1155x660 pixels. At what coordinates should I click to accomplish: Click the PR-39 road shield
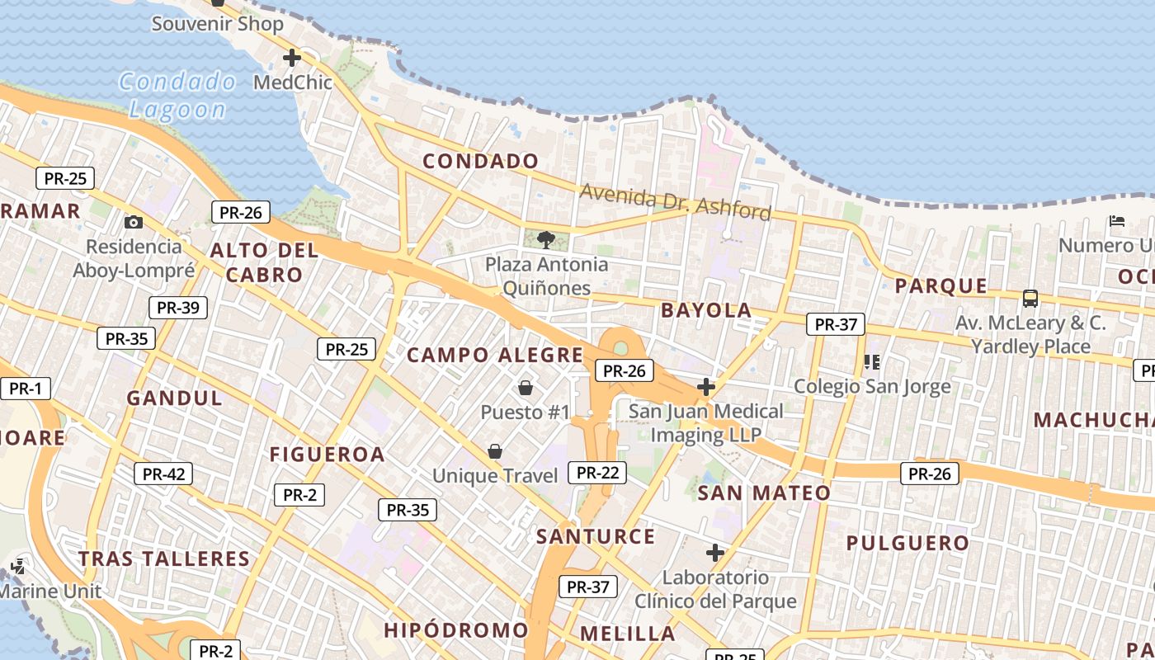(178, 308)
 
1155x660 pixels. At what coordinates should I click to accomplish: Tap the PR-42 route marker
(163, 474)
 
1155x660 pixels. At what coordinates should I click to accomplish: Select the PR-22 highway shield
(598, 473)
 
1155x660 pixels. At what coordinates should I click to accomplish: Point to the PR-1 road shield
(25, 389)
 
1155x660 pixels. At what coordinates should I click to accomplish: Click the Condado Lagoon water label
(177, 95)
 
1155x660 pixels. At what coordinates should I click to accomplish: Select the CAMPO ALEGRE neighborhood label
(495, 356)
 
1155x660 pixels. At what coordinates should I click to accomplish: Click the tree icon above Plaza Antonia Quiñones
(545, 240)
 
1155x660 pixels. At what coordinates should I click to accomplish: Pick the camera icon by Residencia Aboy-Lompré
(133, 223)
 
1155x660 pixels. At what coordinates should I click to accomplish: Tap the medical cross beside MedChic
(291, 58)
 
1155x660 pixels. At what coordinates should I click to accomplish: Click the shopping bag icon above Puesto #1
(526, 387)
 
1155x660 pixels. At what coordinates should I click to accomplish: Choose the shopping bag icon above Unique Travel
(495, 451)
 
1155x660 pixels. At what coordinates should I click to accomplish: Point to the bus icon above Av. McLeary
(1030, 299)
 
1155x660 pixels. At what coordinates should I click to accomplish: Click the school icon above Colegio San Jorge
(872, 362)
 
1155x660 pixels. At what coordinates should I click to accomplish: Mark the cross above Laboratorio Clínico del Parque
(715, 553)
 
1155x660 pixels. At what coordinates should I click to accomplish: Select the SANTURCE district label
(596, 537)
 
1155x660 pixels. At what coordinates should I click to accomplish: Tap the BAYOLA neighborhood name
(706, 311)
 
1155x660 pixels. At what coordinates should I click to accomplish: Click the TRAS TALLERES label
(164, 559)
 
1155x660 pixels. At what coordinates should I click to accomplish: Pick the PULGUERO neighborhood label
(907, 543)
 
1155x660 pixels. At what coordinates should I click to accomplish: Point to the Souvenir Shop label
(218, 24)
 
